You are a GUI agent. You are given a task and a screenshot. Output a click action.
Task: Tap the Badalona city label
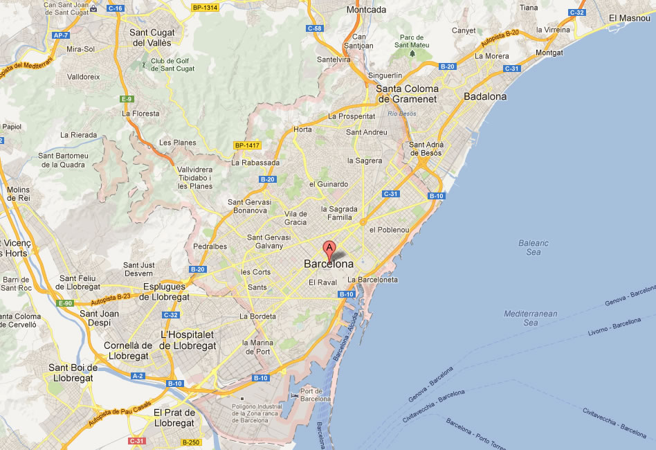tap(485, 97)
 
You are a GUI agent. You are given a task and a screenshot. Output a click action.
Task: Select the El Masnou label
tap(630, 18)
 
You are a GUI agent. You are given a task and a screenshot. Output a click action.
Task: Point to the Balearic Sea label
tap(533, 247)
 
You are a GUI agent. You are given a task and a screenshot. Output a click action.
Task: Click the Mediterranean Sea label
tap(531, 318)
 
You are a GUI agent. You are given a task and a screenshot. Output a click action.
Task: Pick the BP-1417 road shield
tap(246, 145)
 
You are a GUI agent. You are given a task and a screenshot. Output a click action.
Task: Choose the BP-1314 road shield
tap(205, 8)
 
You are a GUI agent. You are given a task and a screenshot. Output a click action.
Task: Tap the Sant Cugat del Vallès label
tap(151, 37)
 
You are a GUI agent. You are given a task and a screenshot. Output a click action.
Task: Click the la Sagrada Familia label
tap(339, 213)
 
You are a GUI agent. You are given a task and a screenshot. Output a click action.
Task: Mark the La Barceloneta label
tap(373, 280)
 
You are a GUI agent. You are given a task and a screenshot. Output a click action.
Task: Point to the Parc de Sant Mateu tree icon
tap(412, 53)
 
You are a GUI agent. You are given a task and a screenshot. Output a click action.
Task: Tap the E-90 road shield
tap(65, 303)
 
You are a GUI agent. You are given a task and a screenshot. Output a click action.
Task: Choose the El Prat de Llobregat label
tap(174, 417)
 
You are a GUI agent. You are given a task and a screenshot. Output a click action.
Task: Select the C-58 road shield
tap(315, 28)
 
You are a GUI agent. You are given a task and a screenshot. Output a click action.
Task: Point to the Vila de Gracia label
tap(295, 217)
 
